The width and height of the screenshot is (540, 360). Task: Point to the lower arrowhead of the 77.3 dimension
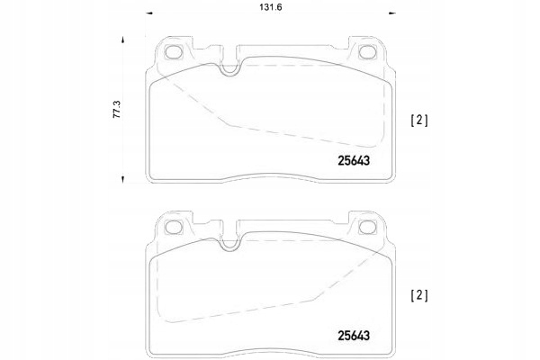tap(118, 180)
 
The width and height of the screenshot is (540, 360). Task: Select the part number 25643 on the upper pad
tap(353, 161)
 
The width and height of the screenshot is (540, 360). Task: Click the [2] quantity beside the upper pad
tap(418, 119)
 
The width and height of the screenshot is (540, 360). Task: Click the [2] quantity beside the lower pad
tap(418, 294)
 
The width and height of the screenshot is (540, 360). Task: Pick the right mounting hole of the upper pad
tap(366, 52)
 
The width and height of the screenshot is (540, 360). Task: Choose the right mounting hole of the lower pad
tap(366, 227)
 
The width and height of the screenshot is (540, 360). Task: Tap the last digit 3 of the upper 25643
tap(368, 161)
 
